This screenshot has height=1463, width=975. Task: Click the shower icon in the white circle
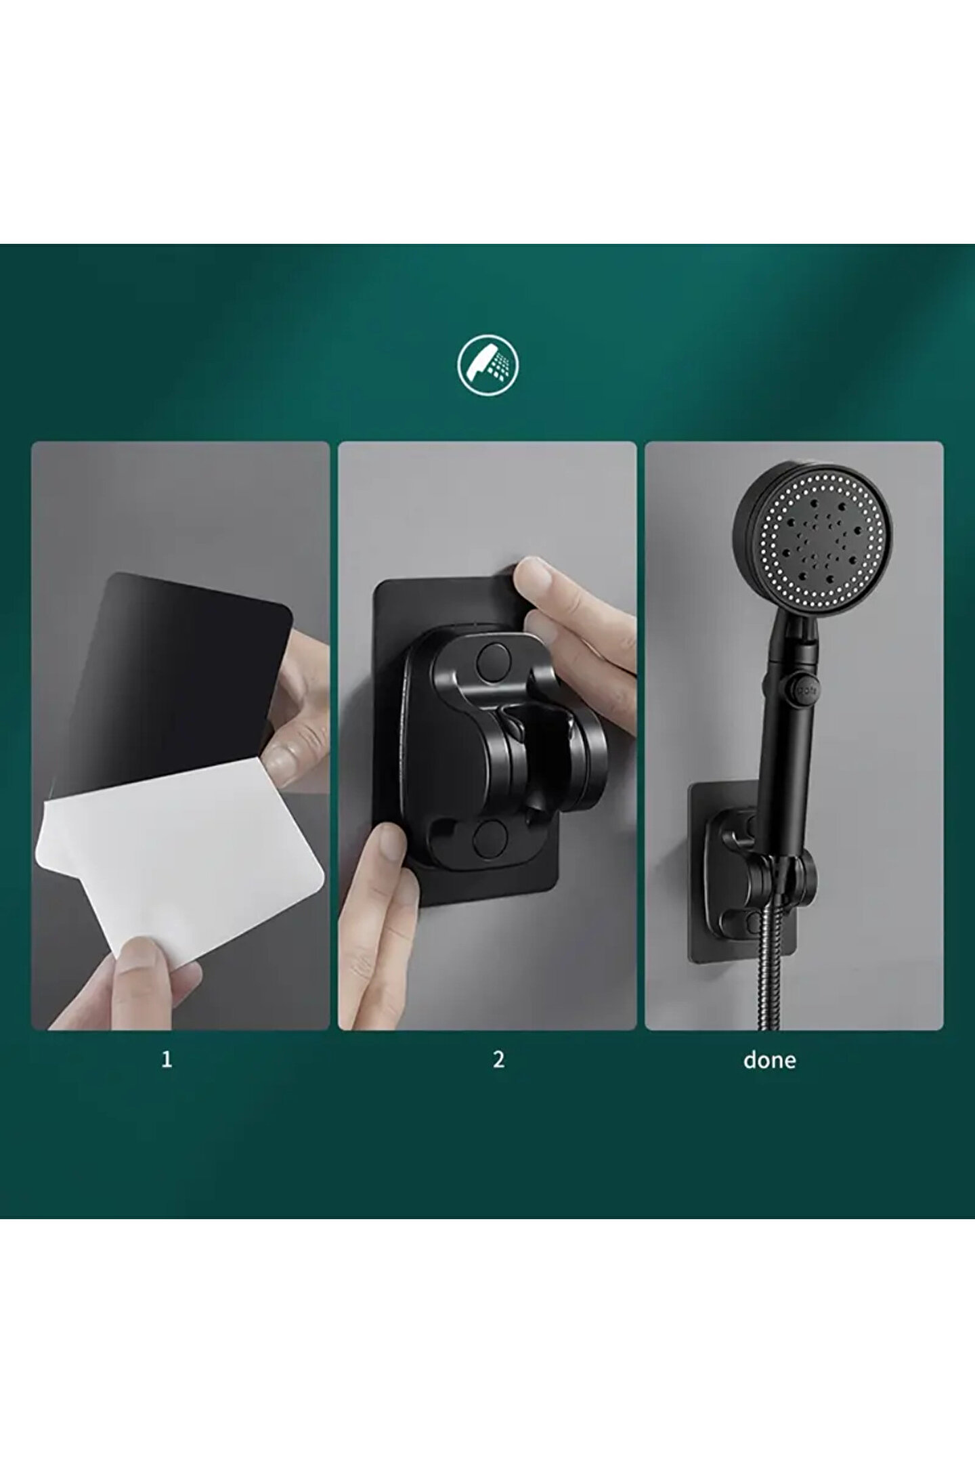click(x=487, y=366)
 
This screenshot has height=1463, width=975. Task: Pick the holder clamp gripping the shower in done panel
click(x=779, y=881)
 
